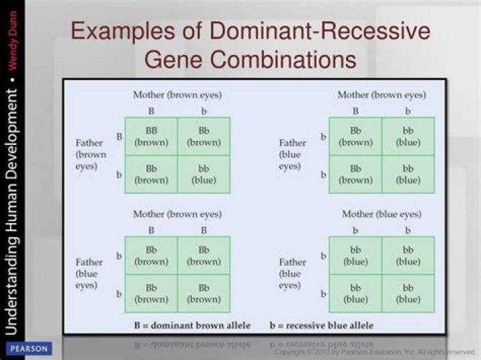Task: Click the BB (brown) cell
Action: point(152,136)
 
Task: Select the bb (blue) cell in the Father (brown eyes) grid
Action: point(204,174)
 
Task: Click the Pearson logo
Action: point(28,349)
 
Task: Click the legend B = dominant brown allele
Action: point(191,325)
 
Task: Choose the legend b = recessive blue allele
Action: point(321,325)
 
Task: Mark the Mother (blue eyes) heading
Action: point(381,214)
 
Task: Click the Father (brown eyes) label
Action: point(90,154)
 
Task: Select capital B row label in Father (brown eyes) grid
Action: point(120,136)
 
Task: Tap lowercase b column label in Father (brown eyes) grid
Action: point(204,110)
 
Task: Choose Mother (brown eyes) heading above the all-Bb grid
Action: point(177,214)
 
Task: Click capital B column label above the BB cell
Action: point(152,110)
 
